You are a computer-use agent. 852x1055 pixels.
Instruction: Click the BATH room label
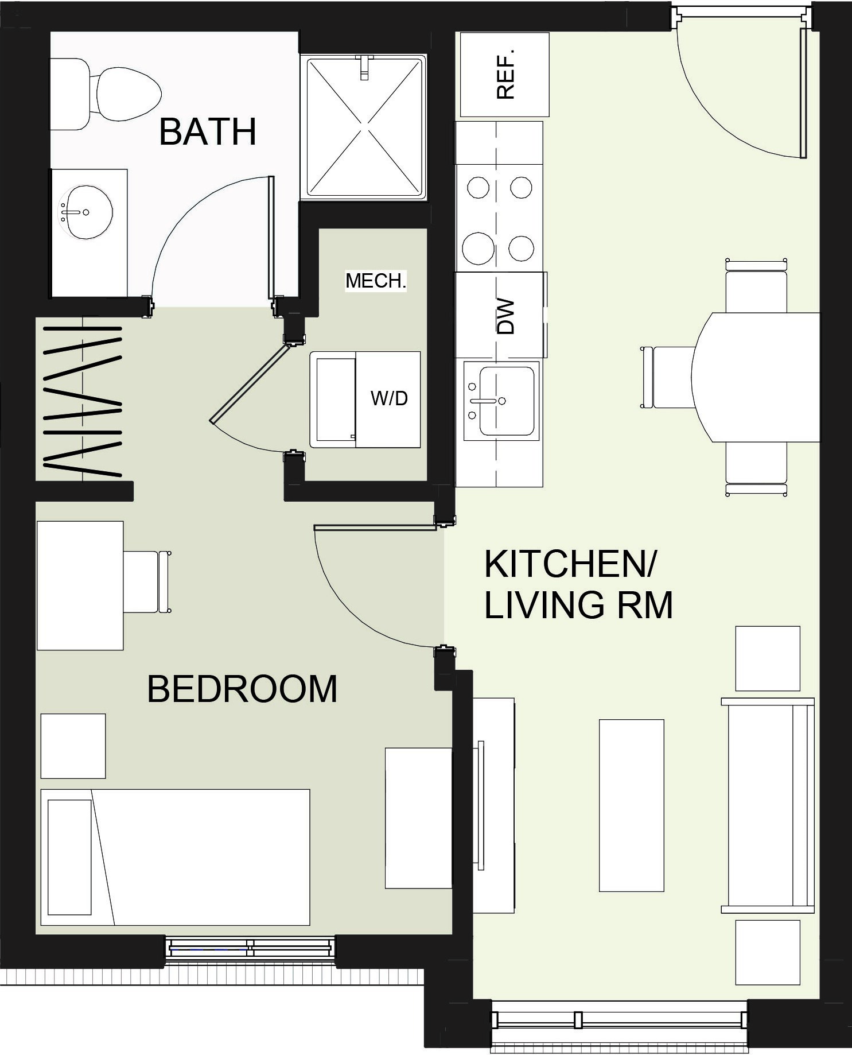(x=207, y=132)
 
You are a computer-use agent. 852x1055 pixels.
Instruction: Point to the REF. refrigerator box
(x=504, y=75)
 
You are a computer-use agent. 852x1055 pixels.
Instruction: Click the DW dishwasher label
(x=505, y=316)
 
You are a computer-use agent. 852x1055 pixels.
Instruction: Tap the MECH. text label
(x=376, y=281)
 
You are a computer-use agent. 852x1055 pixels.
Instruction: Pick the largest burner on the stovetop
(x=478, y=248)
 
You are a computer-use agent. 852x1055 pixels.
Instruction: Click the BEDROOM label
(x=242, y=689)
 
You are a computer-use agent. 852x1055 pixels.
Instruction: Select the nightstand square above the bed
(x=73, y=746)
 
